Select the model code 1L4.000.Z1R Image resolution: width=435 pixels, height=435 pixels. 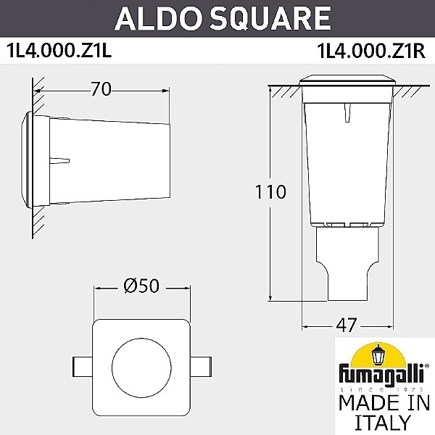point(370,51)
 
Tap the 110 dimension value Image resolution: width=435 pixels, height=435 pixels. point(270,192)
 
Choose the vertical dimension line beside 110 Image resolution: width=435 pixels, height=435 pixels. point(270,239)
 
